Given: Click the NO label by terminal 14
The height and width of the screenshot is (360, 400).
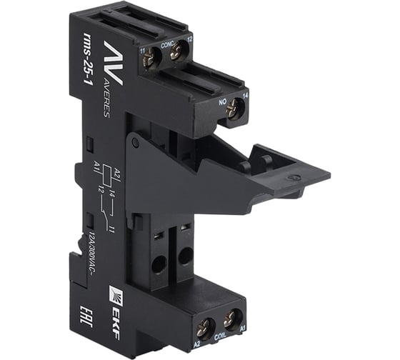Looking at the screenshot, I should pyautogui.click(x=221, y=99).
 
